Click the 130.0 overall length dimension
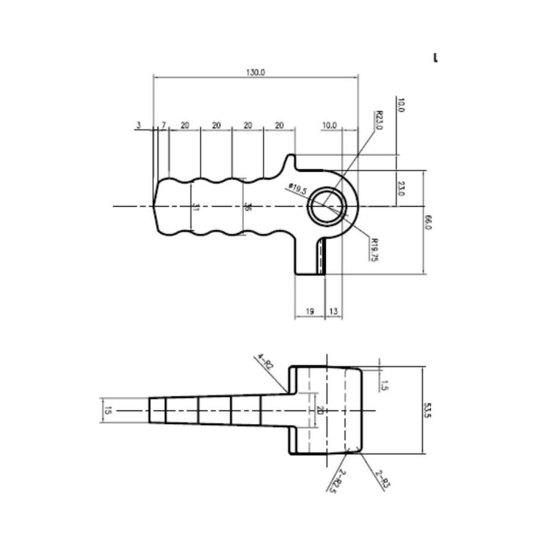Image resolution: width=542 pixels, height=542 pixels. (255, 72)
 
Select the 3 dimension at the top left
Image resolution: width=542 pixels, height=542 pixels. (139, 125)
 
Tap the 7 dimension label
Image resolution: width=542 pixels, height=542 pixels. (163, 125)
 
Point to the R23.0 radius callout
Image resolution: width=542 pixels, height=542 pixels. (379, 120)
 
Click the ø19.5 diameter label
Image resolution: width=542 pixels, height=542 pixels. (297, 189)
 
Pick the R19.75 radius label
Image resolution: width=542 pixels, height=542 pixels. (374, 249)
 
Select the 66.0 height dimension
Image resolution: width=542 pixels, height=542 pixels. (429, 222)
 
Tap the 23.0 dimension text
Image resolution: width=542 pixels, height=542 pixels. (401, 189)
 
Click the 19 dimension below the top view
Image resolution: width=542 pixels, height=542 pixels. (310, 311)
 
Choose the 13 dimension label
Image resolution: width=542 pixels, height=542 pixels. (333, 311)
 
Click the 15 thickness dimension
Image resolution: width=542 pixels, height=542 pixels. (108, 410)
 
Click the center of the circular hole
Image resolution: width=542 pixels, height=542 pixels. (328, 206)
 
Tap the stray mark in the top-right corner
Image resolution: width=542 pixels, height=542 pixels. (435, 58)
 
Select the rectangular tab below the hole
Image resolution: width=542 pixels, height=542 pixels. (310, 256)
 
